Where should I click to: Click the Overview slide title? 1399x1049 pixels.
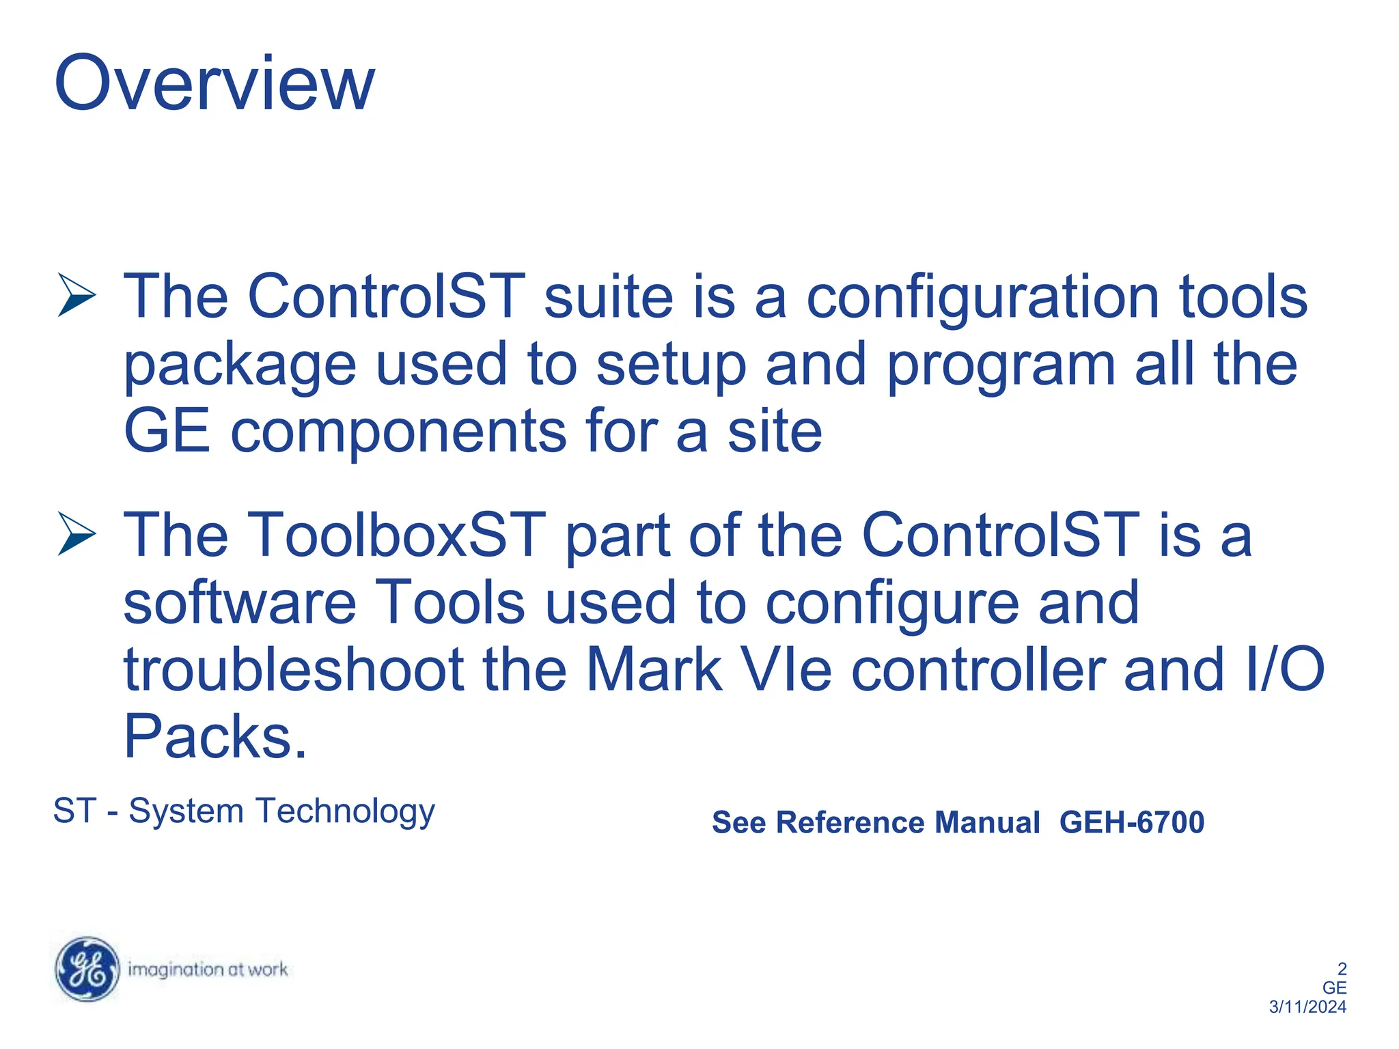coord(214,83)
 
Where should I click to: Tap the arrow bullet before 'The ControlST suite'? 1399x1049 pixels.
coord(77,295)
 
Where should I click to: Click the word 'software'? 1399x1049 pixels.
coord(239,602)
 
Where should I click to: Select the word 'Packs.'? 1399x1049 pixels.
coord(215,737)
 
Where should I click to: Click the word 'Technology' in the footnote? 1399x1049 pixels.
coord(345,812)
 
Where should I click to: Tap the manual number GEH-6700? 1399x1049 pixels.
coord(1131,822)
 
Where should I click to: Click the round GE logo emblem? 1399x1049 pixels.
coord(87,969)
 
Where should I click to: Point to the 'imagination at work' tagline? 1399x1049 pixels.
coord(208,969)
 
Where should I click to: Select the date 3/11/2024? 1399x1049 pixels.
coord(1307,1007)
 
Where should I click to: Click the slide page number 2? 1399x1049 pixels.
coord(1342,968)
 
